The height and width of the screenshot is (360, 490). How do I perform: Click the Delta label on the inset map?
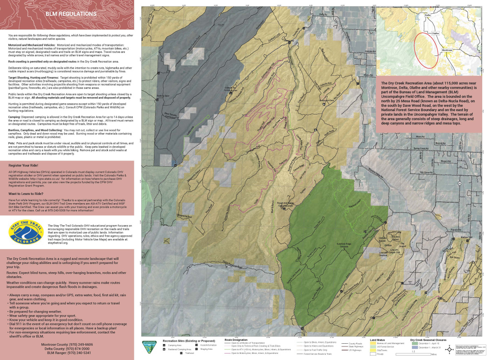pyautogui.click(x=428, y=15)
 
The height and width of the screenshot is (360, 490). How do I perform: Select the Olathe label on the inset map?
pyautogui.click(x=434, y=34)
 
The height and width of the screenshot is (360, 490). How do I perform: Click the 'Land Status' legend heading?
pyautogui.click(x=377, y=340)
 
